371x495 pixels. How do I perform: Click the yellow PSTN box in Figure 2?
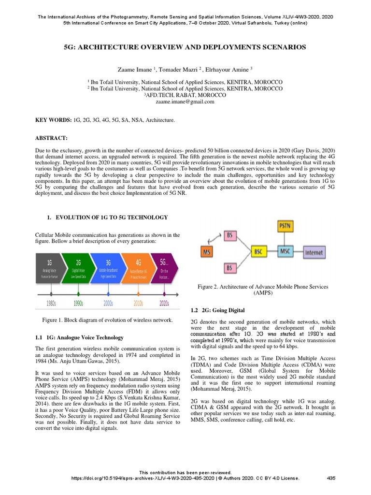point(285,226)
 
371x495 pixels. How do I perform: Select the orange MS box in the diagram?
point(208,252)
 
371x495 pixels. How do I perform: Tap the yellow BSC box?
point(260,252)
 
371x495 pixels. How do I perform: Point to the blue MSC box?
point(285,252)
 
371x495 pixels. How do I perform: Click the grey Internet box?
point(314,252)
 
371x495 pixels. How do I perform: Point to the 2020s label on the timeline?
point(164,303)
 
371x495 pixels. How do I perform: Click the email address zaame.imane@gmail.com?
point(185,102)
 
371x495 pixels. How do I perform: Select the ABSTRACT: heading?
point(52,138)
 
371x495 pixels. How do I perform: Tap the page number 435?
point(331,478)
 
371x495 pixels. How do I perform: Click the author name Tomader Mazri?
point(177,70)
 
